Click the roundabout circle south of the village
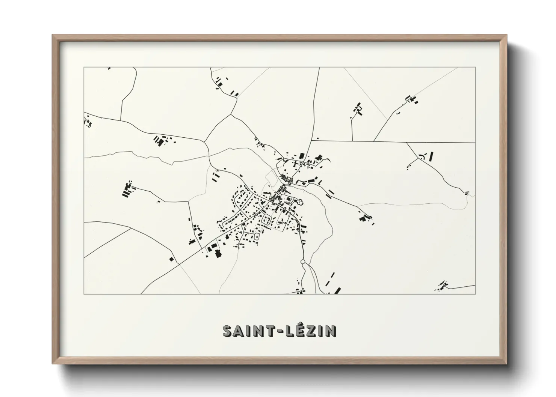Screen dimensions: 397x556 point(302,262)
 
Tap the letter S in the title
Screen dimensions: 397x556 point(228,331)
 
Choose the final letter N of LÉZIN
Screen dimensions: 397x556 point(330,331)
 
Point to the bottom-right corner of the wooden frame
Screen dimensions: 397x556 point(506,364)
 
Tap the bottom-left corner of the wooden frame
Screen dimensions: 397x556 point(53,364)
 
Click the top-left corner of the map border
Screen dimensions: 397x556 point(84,68)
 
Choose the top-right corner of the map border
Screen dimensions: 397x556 point(475,68)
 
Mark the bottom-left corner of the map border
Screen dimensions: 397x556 point(84,294)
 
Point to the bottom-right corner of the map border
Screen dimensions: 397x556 point(475,294)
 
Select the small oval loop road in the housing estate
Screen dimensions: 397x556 point(257,237)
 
